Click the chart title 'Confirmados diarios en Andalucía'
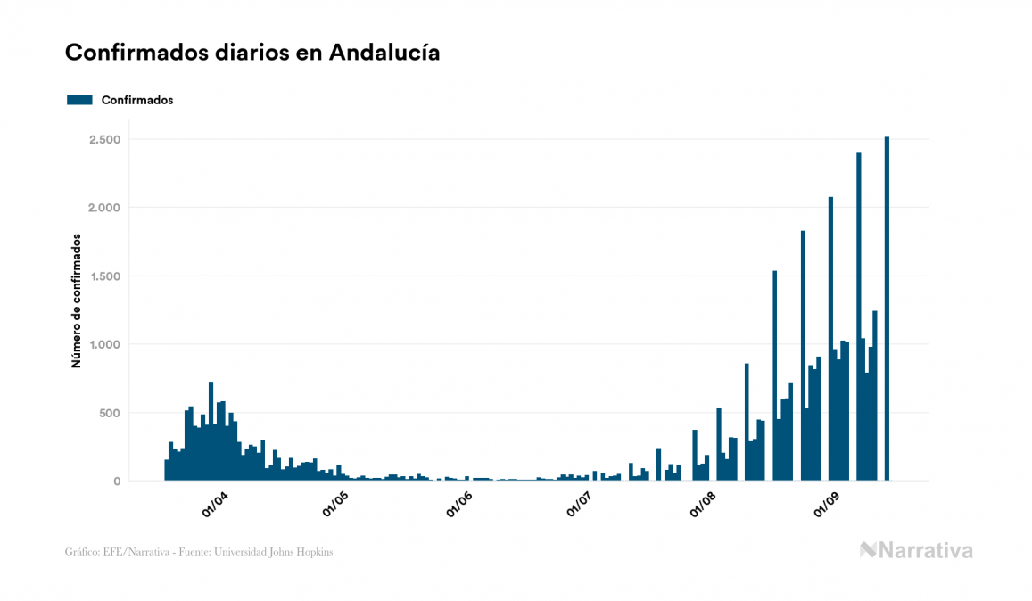click(x=252, y=53)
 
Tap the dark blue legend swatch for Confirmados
click(x=79, y=100)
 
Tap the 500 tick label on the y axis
click(x=109, y=413)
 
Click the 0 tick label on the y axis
click(x=117, y=482)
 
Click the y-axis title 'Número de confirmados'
click(x=77, y=301)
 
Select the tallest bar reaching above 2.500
click(x=887, y=309)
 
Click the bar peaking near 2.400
click(x=859, y=317)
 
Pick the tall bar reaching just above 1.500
click(x=775, y=375)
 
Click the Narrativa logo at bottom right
click(x=916, y=550)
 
